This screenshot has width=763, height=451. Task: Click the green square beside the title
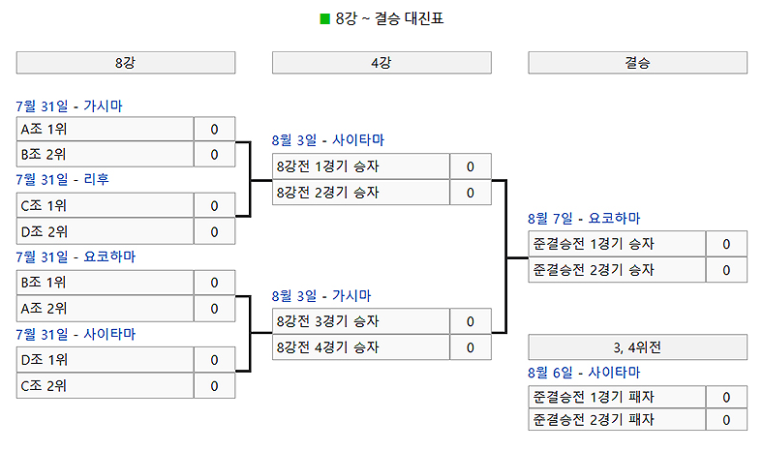[x=325, y=18]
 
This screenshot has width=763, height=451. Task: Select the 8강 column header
[x=126, y=63]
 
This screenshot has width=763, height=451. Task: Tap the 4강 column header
[x=381, y=63]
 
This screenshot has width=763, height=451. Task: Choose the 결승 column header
[x=637, y=63]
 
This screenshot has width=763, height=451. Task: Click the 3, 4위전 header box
[x=637, y=346]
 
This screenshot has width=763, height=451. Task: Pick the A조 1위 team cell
[x=105, y=129]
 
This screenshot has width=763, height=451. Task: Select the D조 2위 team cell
[x=105, y=231]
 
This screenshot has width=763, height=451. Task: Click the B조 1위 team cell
[x=105, y=283]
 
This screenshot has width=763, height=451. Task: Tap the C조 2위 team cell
[x=105, y=386]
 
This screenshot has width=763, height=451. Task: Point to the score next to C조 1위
[x=214, y=205]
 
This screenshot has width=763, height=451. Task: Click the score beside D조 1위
[x=214, y=360]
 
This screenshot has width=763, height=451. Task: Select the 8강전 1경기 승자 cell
[x=360, y=166]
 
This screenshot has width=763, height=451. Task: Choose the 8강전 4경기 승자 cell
[x=360, y=347]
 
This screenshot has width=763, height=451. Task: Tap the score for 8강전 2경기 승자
[x=471, y=193]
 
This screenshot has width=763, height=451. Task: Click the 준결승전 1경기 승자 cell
[x=617, y=244]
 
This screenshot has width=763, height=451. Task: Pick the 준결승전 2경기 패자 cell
[x=617, y=419]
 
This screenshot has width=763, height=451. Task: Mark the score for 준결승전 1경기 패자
[x=726, y=397]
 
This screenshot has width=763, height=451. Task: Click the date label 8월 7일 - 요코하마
[x=584, y=219]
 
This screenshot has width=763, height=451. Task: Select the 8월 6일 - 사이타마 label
[x=584, y=372]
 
